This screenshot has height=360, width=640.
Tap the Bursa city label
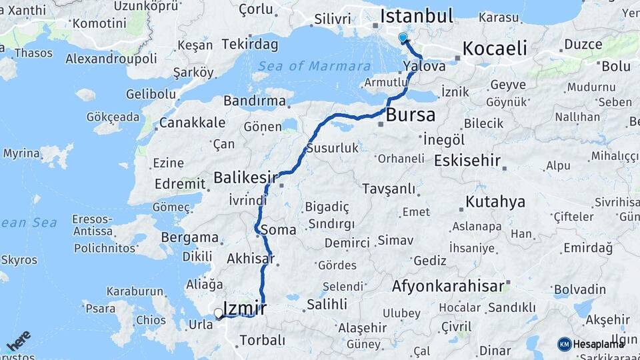[x=411, y=115]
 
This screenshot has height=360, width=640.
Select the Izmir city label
[x=245, y=308]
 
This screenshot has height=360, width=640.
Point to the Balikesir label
[x=245, y=178]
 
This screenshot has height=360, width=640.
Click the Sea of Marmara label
[x=314, y=66]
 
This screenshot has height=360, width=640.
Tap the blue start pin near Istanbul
[x=403, y=38]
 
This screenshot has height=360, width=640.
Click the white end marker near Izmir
[x=218, y=313]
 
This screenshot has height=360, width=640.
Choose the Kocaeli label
[x=495, y=48]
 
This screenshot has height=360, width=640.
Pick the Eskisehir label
[x=467, y=161]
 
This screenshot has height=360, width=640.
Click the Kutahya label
[x=495, y=201]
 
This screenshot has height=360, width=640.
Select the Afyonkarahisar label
[x=448, y=287]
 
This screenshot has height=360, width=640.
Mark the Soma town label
[x=279, y=230]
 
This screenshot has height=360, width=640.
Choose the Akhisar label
[x=250, y=258]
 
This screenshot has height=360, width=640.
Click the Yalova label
[x=425, y=66]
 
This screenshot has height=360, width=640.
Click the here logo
[x=18, y=340]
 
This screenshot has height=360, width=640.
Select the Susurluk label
[x=333, y=148]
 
